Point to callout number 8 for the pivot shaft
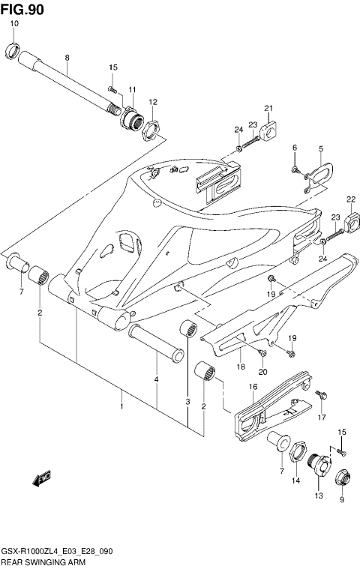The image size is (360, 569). (x=67, y=57)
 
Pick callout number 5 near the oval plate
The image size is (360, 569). (x=320, y=148)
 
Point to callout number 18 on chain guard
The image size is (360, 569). (x=241, y=367)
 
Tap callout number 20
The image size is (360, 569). (x=262, y=372)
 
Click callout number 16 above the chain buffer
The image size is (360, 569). (x=253, y=386)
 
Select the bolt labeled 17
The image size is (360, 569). (x=320, y=394)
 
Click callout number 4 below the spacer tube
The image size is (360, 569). (x=157, y=379)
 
